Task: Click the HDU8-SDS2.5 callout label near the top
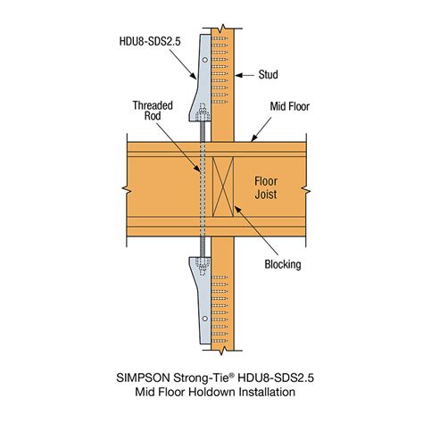click(x=150, y=41)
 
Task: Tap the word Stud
click(x=268, y=74)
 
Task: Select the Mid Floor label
click(x=289, y=106)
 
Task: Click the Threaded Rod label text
click(x=153, y=111)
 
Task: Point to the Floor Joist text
click(x=266, y=187)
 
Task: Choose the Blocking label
click(x=283, y=264)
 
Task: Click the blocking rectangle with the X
click(x=223, y=187)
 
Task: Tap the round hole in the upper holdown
click(x=205, y=60)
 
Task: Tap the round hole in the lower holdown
click(x=205, y=319)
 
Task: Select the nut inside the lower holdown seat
click(x=203, y=265)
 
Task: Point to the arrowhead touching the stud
click(x=239, y=75)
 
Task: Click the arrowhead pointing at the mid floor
click(x=253, y=138)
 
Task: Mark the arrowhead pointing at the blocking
click(x=237, y=210)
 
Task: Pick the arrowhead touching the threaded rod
click(x=197, y=169)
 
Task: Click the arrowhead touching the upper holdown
click(x=194, y=76)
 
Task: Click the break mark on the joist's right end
click(x=306, y=190)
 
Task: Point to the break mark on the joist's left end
click(x=127, y=190)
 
